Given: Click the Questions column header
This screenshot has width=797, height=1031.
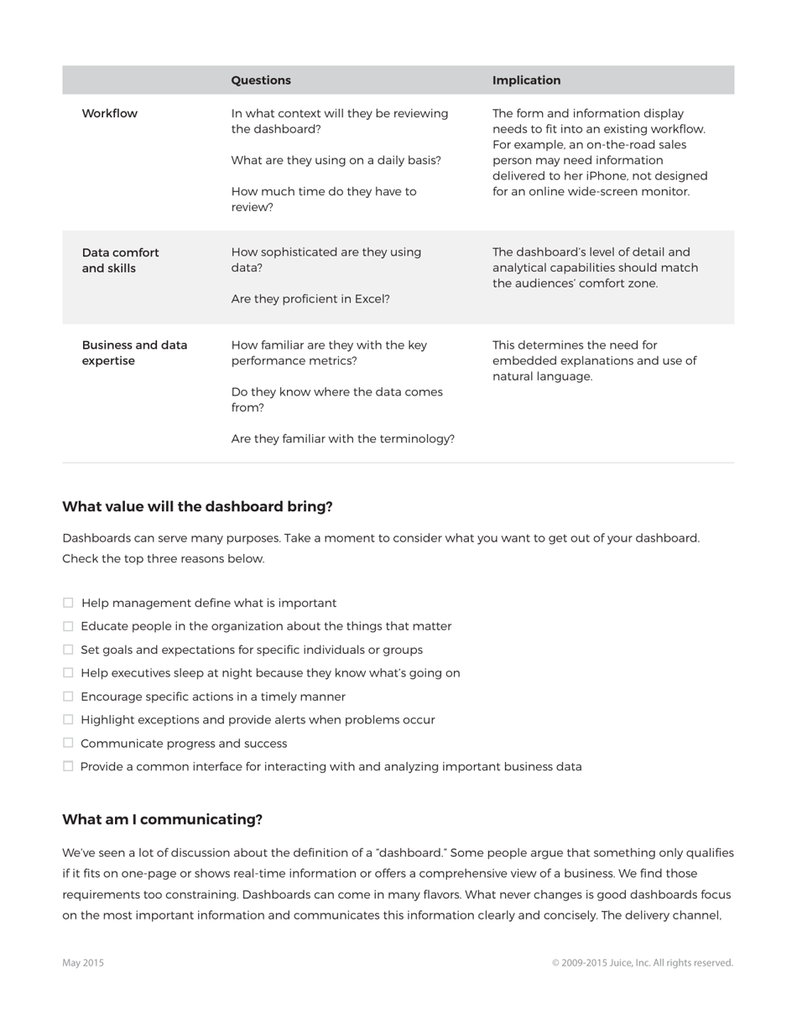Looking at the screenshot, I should click(x=261, y=80).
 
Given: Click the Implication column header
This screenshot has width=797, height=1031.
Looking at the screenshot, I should click(x=526, y=80).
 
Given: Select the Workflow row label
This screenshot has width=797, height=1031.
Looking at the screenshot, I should click(x=109, y=113).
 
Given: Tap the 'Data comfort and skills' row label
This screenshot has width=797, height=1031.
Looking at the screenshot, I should click(x=120, y=261).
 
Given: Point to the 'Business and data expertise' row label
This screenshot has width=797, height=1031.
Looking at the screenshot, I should click(x=134, y=353).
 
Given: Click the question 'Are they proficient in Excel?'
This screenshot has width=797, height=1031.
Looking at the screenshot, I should click(x=310, y=299).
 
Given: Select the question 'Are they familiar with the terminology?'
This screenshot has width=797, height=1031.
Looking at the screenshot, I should click(x=342, y=438).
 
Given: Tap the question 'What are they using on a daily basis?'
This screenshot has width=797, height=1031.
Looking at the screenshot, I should click(x=336, y=160).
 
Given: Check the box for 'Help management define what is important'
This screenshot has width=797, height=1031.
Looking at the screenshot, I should click(x=68, y=603).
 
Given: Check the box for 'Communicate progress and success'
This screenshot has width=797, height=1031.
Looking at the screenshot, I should click(x=68, y=743).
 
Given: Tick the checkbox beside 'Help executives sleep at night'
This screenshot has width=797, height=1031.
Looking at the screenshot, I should click(x=68, y=672).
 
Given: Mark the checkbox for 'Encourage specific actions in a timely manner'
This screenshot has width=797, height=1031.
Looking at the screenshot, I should click(x=68, y=696).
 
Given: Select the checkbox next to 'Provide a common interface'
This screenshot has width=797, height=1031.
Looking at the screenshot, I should click(x=68, y=766).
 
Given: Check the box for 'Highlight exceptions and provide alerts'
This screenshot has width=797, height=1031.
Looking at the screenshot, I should click(x=68, y=719).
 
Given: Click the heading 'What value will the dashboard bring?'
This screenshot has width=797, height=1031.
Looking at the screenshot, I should click(x=197, y=507).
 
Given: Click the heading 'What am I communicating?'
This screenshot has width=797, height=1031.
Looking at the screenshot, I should click(x=162, y=820).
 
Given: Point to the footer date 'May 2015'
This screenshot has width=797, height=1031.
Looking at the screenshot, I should click(x=83, y=963).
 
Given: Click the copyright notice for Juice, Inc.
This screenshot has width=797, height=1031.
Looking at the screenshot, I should click(x=642, y=963).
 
